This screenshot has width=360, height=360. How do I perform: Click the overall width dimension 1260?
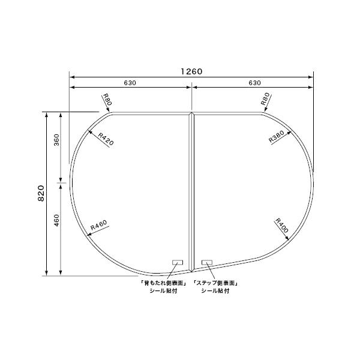tap(191, 71)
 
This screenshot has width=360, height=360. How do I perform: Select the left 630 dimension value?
tap(130, 83)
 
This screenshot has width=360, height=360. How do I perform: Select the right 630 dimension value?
tap(254, 83)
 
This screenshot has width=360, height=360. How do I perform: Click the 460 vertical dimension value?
tap(56, 221)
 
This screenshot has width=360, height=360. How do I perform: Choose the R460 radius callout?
tap(98, 226)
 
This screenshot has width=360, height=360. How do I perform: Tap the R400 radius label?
tap(282, 226)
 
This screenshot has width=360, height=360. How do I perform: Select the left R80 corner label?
tap(107, 100)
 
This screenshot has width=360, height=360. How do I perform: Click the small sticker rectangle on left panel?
tap(178, 262)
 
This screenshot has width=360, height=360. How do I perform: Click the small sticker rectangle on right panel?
tap(207, 262)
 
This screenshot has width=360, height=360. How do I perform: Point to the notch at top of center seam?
tap(191, 112)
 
